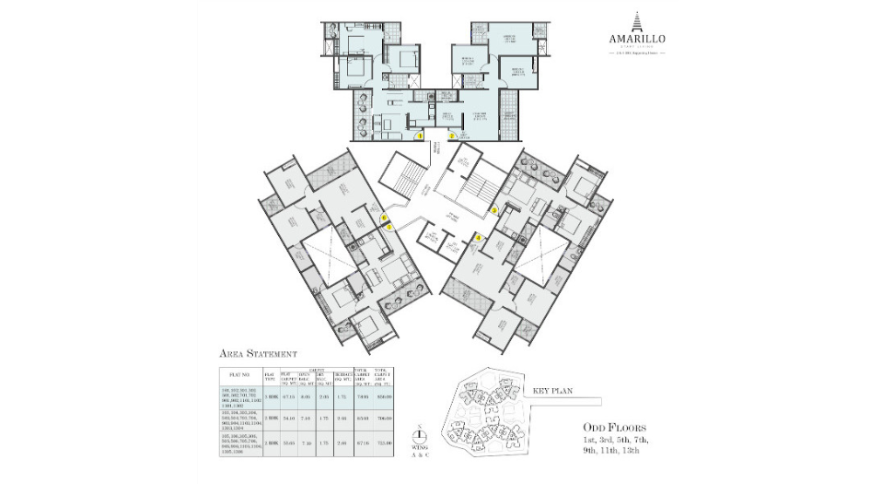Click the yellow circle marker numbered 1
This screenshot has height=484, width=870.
[x=421, y=136]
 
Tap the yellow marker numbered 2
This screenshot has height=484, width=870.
[x=452, y=136]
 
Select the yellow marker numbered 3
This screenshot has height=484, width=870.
[x=493, y=210]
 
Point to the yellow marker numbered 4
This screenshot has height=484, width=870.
[x=478, y=237]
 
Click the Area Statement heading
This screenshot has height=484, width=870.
[x=258, y=353]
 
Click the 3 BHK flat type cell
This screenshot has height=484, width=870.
[x=270, y=395]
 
